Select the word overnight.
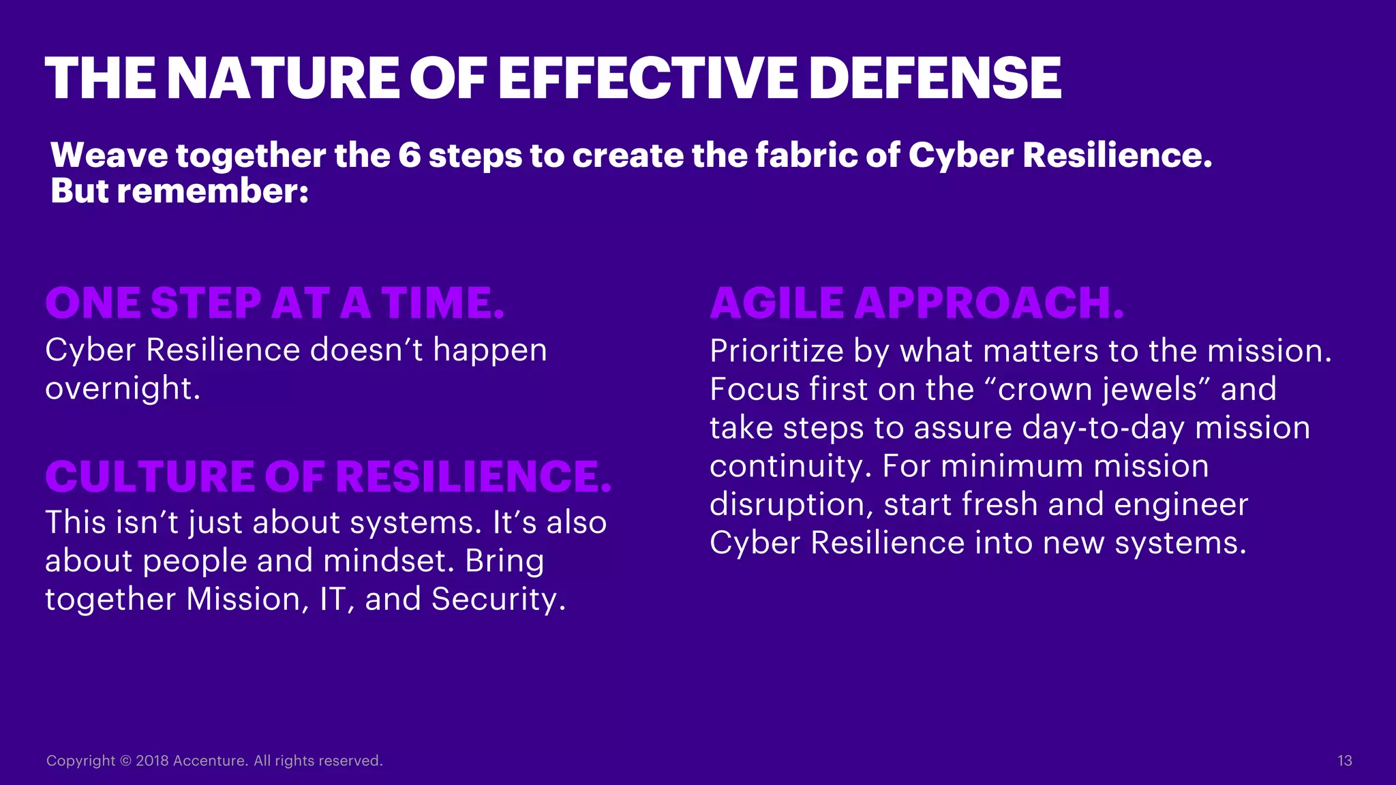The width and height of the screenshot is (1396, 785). [x=123, y=388]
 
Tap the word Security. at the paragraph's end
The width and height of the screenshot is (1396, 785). [x=498, y=599]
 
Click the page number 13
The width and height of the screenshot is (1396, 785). [x=1344, y=760]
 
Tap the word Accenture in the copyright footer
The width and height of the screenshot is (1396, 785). [x=210, y=760]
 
